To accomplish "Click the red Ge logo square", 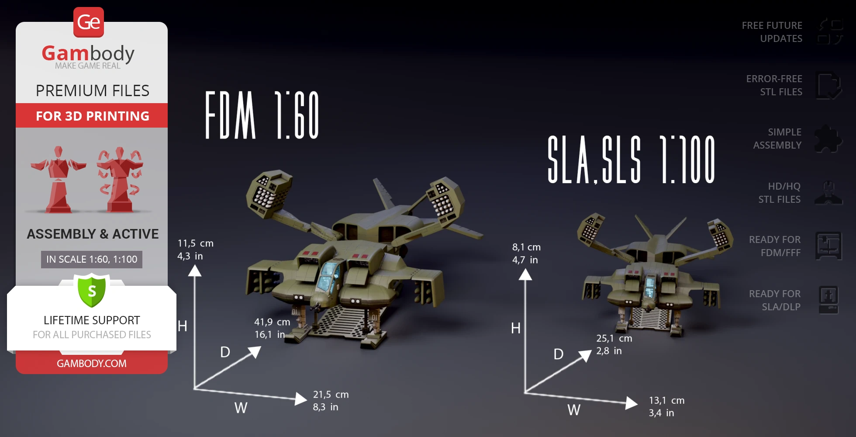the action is coord(89,22).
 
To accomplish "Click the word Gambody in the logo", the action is coord(88,53).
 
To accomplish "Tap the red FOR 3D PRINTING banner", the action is coord(92,116).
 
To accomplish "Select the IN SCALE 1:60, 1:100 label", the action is coord(92,259).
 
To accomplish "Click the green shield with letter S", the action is coord(92,290).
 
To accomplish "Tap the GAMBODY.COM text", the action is coord(92,364).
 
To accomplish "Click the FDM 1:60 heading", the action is coord(262,115).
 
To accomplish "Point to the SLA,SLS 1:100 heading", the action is coord(631,160).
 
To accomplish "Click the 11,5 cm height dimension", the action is coord(195,243).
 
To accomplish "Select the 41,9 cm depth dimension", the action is coord(272,322).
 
